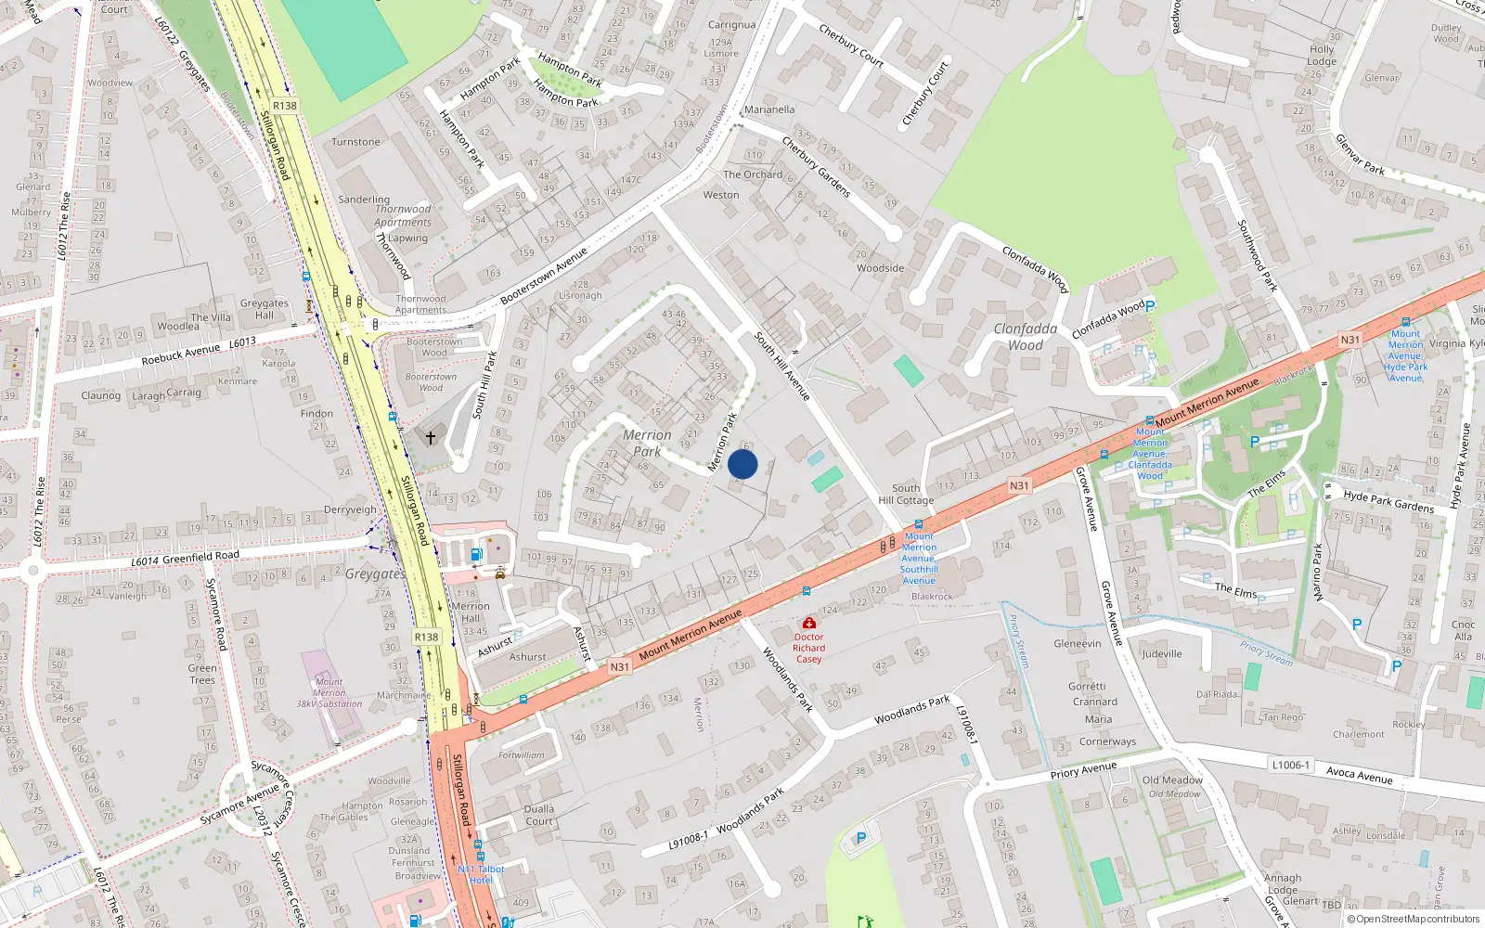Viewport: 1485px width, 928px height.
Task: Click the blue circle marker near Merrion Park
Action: pos(742,464)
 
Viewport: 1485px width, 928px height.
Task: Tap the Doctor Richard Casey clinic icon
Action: pos(808,623)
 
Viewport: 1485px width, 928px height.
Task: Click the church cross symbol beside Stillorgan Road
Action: pos(431,437)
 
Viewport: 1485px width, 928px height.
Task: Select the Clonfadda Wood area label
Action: pos(1025,337)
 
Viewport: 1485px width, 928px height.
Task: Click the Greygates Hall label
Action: pos(265,309)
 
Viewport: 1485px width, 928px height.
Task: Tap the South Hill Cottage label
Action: pos(906,494)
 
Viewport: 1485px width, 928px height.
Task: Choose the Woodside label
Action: pos(880,268)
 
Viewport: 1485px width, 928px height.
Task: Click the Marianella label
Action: pos(769,110)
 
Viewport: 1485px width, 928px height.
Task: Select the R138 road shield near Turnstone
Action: pos(285,106)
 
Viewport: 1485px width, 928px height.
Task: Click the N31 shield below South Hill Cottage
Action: pos(1019,485)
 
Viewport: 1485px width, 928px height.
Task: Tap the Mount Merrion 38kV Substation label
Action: pos(329,692)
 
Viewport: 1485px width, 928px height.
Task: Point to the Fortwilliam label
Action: pos(522,755)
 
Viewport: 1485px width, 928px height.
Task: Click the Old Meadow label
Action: pos(1172,780)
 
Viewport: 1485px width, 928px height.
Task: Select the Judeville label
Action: pos(1162,653)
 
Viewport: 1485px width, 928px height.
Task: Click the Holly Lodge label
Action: pos(1322,56)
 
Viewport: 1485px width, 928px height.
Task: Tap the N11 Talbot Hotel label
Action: pos(481,874)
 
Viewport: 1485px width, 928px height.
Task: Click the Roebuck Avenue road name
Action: pos(181,354)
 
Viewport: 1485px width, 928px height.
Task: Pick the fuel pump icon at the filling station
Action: pos(476,555)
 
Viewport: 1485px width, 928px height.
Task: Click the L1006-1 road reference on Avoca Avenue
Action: pos(1290,765)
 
